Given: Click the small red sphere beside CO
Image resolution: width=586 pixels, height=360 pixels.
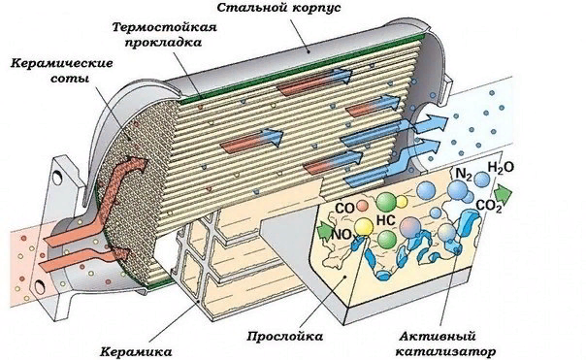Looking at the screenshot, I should tap(361, 206).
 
